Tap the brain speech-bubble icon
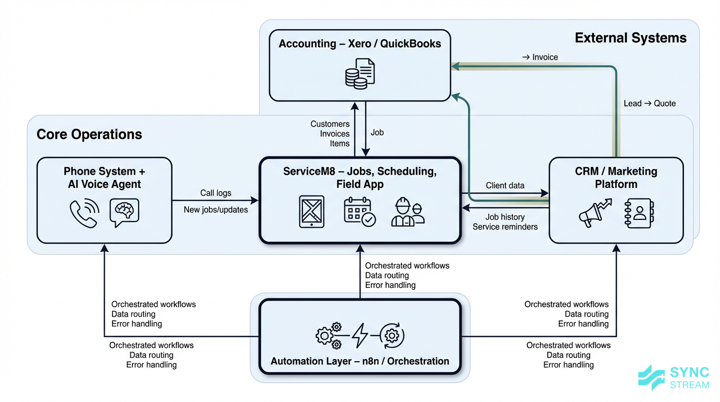(124, 212)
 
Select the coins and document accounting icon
(360, 73)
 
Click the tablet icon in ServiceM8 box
(311, 211)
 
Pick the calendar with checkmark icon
(359, 211)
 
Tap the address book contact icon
(638, 213)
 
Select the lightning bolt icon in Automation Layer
(360, 336)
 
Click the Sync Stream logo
(674, 378)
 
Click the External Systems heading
(631, 38)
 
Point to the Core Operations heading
(89, 134)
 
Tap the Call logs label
(216, 193)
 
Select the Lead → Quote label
(649, 104)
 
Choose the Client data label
(505, 185)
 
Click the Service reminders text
(505, 227)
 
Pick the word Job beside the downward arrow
(377, 133)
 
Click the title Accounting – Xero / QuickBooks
(359, 44)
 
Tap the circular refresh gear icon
(392, 336)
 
